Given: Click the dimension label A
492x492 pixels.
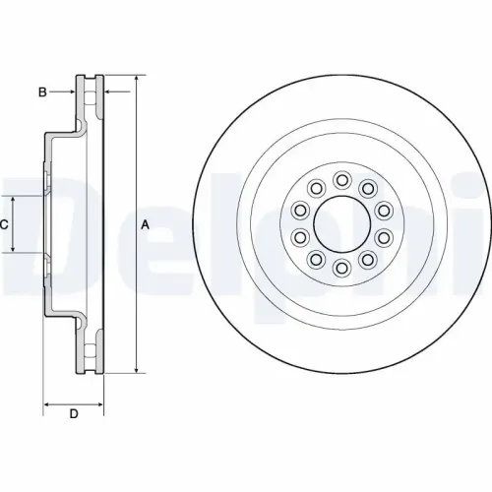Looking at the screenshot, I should (x=146, y=224).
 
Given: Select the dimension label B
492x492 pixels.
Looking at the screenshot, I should (x=42, y=92).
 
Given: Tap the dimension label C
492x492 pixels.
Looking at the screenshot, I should (x=5, y=224).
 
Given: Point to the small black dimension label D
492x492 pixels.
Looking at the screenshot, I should (x=73, y=413).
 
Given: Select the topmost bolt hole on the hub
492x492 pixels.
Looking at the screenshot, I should (x=340, y=179).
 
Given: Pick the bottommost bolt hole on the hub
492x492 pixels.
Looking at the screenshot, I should (x=340, y=268).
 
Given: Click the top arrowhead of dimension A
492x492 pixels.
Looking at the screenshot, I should (x=135, y=79).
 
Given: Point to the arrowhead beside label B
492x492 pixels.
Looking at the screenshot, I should (x=71, y=92).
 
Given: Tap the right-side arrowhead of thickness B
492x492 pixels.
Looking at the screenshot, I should (x=106, y=92).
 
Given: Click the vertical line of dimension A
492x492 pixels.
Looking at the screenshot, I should (x=135, y=295).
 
